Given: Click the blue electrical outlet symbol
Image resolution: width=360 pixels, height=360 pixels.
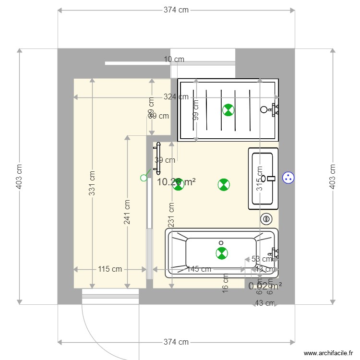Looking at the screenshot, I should click(x=288, y=177).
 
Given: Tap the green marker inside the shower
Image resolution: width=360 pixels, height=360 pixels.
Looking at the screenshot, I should click(x=228, y=110).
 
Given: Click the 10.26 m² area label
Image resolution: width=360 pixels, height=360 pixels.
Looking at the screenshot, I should click(x=176, y=182).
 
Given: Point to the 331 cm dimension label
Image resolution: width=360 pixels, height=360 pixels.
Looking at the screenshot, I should click(x=92, y=181).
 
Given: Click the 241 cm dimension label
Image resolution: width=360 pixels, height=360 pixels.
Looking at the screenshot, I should click(x=127, y=211).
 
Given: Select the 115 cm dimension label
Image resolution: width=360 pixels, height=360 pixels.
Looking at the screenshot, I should click(x=110, y=269).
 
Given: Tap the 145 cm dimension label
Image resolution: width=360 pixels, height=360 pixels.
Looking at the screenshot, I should click(x=199, y=269).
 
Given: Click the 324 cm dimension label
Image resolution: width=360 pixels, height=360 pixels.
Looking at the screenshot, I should click(x=176, y=97).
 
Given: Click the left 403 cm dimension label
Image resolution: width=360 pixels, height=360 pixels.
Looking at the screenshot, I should click(x=19, y=176).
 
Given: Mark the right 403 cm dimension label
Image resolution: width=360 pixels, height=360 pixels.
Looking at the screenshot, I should click(x=332, y=176).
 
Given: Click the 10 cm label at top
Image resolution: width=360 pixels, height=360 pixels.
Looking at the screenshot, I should click(x=174, y=60).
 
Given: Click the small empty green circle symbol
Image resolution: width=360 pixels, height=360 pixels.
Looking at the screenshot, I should click(x=144, y=178).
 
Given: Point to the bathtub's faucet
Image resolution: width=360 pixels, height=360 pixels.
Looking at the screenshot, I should click(x=275, y=253).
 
